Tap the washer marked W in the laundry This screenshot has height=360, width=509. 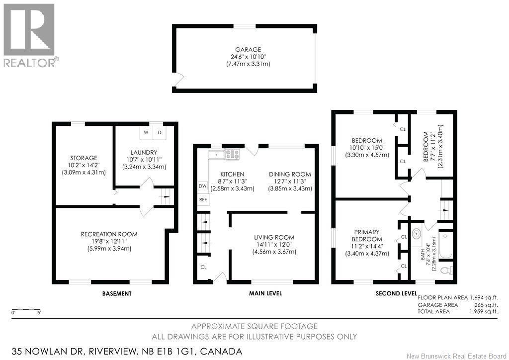coord(146,133)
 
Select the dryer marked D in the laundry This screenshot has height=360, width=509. coord(159,133)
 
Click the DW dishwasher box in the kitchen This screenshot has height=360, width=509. coord(203,186)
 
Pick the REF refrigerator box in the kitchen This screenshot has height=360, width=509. coord(203,199)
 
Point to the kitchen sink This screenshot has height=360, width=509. coord(216,155)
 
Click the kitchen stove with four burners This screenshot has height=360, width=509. coord(233,154)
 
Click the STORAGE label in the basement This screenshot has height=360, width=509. coord(84,158)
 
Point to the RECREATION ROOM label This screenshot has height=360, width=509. coord(109,234)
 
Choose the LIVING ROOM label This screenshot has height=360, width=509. coord(274,237)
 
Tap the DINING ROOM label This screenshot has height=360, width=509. coord(290,175)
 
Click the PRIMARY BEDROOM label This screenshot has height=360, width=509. coord(367,235)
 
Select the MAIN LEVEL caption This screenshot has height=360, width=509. coord(265,293)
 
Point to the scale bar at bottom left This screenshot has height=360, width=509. coord(26,309)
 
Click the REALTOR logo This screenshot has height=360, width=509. coord(29,35)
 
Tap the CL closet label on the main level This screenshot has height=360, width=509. coord(203,267)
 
